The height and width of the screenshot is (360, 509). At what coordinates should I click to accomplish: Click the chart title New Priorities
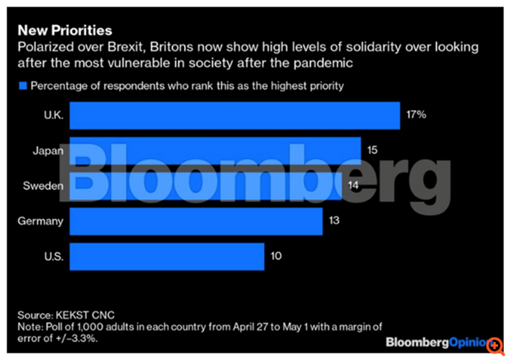65,30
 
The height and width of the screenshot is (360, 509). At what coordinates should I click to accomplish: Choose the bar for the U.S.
167,256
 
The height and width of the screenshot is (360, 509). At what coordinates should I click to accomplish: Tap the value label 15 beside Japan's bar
373,151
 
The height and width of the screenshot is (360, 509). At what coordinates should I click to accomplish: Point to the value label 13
333,221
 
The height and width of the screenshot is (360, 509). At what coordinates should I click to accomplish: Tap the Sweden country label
43,186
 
